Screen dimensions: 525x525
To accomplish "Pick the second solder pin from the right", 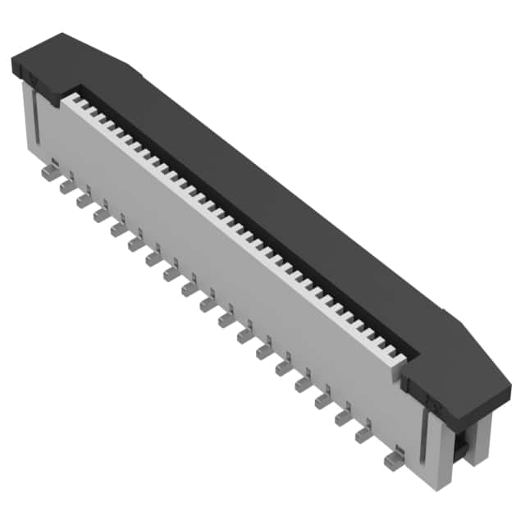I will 363,435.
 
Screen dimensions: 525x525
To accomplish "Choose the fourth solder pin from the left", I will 102,215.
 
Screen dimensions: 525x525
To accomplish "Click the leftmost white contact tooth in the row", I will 67,99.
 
